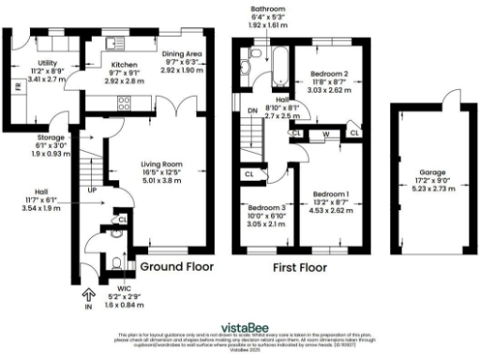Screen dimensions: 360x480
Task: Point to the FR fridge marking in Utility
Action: point(16,87)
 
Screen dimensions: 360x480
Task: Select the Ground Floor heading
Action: point(176,267)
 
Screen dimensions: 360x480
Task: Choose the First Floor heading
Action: point(298,267)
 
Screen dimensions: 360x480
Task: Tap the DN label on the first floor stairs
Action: point(251,110)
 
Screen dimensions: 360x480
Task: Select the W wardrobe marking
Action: point(325,134)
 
